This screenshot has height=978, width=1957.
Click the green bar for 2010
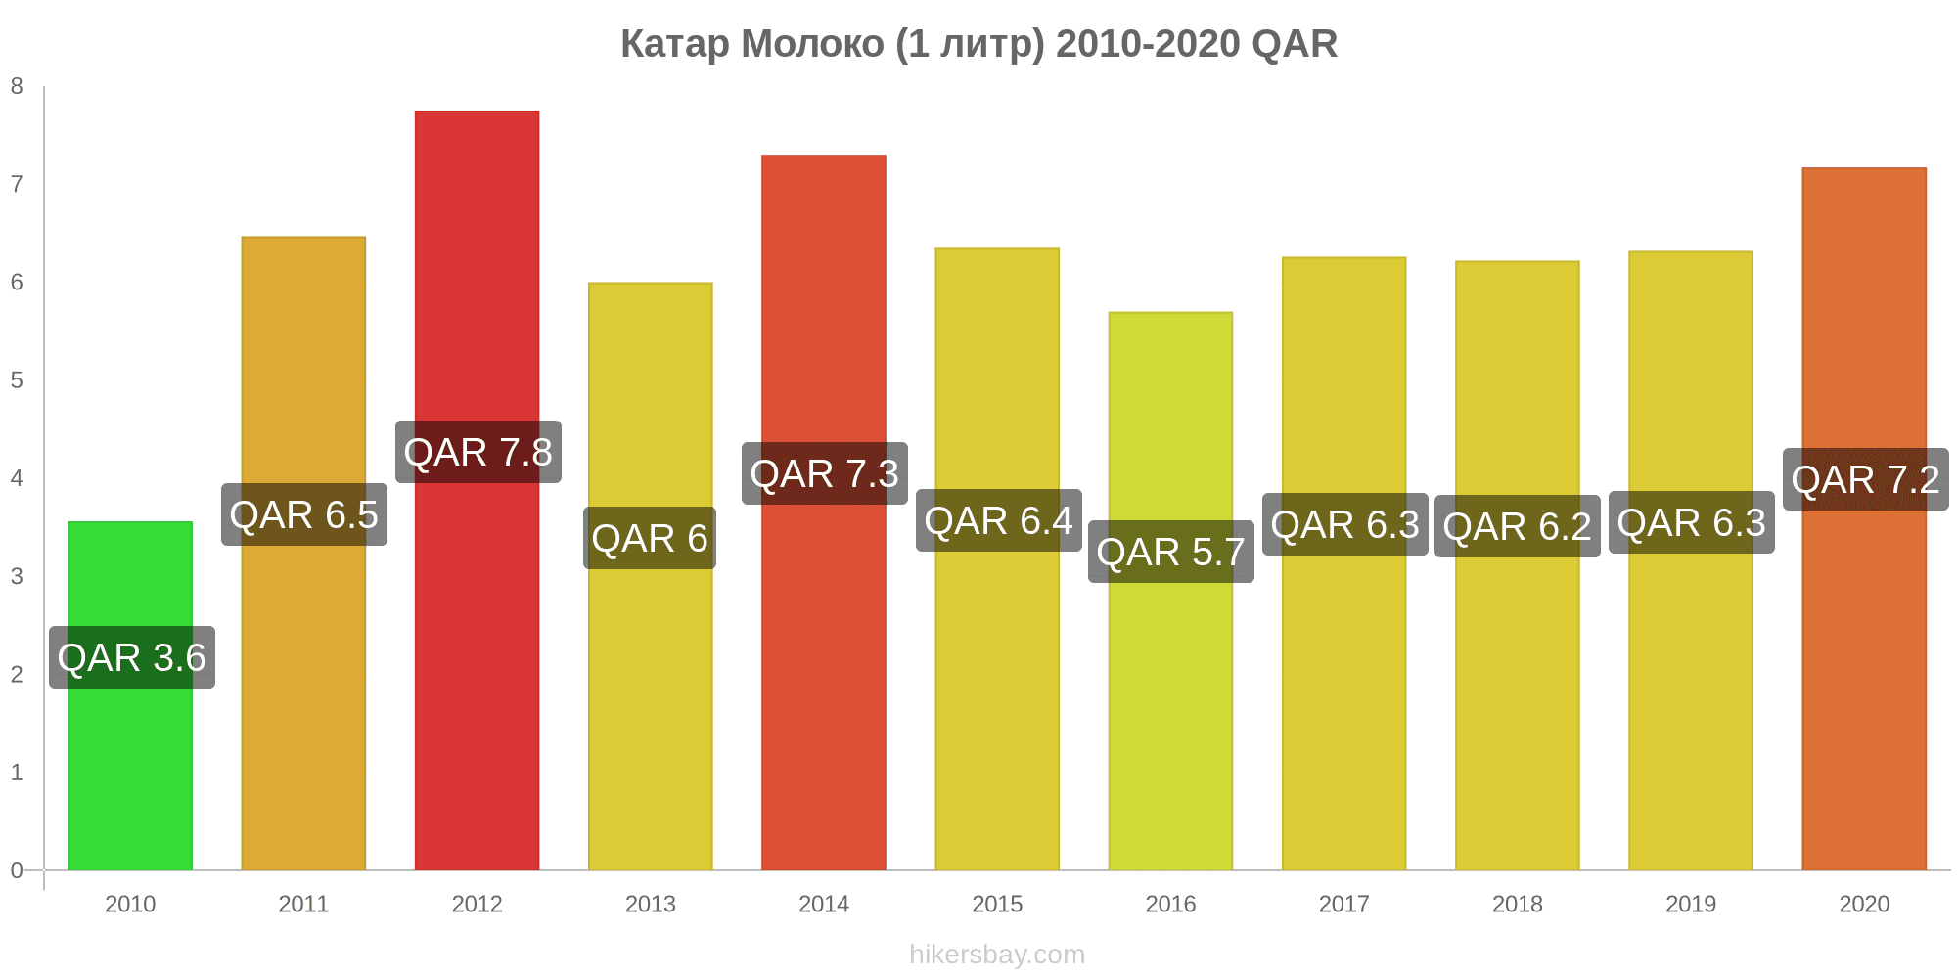point(130,695)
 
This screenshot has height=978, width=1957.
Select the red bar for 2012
point(477,490)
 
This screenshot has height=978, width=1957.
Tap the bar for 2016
point(1170,591)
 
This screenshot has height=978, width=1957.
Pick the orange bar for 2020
point(1864,518)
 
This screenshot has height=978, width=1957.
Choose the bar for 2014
point(824,512)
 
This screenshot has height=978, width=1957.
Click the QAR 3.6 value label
point(132,657)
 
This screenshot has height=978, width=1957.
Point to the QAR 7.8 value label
point(478,452)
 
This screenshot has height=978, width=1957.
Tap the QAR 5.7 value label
point(1171,552)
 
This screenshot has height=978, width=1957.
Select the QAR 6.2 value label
point(1518,526)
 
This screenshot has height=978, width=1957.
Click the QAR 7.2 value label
point(1866,479)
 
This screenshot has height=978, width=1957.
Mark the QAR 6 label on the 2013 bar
point(650,538)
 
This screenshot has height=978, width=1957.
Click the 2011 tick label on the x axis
point(303,904)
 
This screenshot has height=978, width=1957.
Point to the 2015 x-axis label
point(997,904)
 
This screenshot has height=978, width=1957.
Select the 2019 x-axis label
point(1691,904)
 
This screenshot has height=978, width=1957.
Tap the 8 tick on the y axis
point(17,86)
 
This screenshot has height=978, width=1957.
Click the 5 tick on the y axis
point(17,380)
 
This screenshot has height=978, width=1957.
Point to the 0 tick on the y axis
point(17,870)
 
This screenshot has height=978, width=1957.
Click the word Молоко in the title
point(812,44)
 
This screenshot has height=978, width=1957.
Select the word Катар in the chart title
point(675,44)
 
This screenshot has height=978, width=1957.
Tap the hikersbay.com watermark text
point(997,955)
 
